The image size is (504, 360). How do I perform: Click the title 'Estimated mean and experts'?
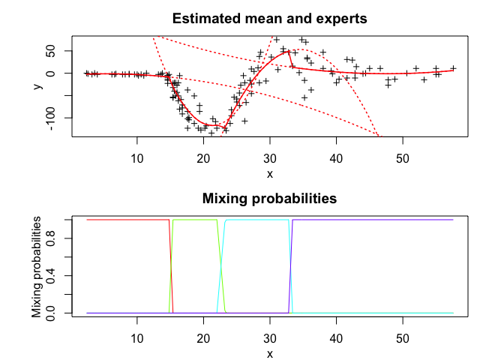[x=270, y=18]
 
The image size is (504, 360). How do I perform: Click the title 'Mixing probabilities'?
[x=270, y=199]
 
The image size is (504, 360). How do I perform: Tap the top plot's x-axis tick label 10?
[x=137, y=158]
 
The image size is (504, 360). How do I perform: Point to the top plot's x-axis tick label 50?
[x=403, y=158]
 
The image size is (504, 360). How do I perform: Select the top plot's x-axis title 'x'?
[x=270, y=174]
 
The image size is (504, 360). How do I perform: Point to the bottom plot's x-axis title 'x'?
[x=270, y=354]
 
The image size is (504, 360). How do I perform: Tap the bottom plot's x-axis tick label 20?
[x=203, y=338]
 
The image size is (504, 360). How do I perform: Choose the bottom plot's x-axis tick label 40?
[x=336, y=338]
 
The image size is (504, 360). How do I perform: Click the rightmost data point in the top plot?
[x=453, y=68]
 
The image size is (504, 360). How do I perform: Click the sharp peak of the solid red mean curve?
[x=289, y=51]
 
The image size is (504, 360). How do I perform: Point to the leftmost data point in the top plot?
[x=86, y=73]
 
